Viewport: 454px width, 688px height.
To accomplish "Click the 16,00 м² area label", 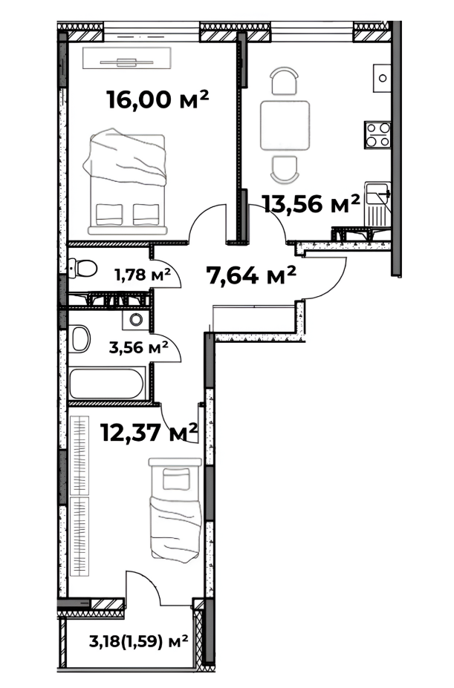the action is coord(158,99).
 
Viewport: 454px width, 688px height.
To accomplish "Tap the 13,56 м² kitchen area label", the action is coord(311,203).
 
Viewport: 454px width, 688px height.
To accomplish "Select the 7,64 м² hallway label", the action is coord(251,275).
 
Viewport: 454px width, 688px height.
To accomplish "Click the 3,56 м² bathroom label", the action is coord(139,347).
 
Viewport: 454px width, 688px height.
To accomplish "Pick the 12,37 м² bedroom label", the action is coord(149,433).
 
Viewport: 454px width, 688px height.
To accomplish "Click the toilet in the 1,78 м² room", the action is coord(82,268).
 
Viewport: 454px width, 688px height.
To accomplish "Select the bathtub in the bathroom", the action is coord(106,384).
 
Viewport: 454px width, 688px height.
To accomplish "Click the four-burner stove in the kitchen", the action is coord(377,134).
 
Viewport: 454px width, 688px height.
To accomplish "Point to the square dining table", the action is coord(285,125).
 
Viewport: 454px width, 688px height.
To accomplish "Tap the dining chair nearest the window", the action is coord(284,81).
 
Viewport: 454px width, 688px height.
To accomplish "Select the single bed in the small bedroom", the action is coord(175,509).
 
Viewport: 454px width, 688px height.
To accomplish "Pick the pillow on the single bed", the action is coord(176,478).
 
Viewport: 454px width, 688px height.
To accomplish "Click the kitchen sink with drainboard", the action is coord(378,203).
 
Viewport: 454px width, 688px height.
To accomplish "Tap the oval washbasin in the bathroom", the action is coord(80,338).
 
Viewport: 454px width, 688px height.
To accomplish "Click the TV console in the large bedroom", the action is coord(127,58).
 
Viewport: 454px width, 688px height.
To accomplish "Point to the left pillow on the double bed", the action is coord(109,214).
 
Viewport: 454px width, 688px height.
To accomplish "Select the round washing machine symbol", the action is coord(136,319).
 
